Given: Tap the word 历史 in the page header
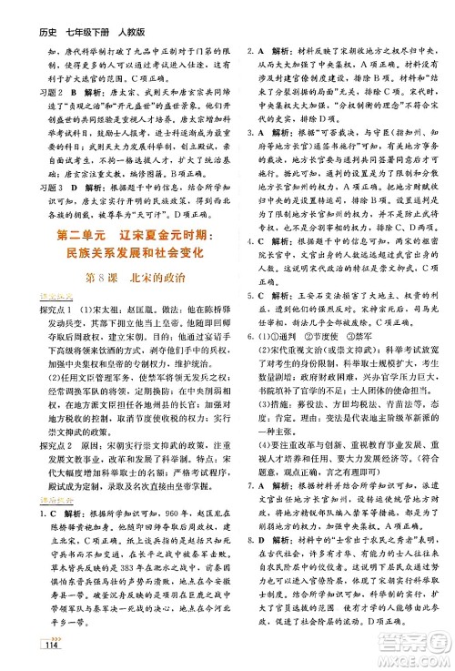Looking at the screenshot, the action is tap(22, 12).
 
